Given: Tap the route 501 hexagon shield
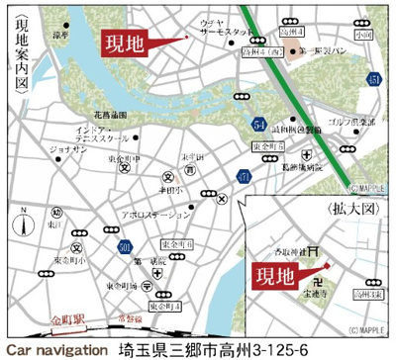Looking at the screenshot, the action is tap(124, 245).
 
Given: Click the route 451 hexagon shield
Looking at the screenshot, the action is tap(371, 79).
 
